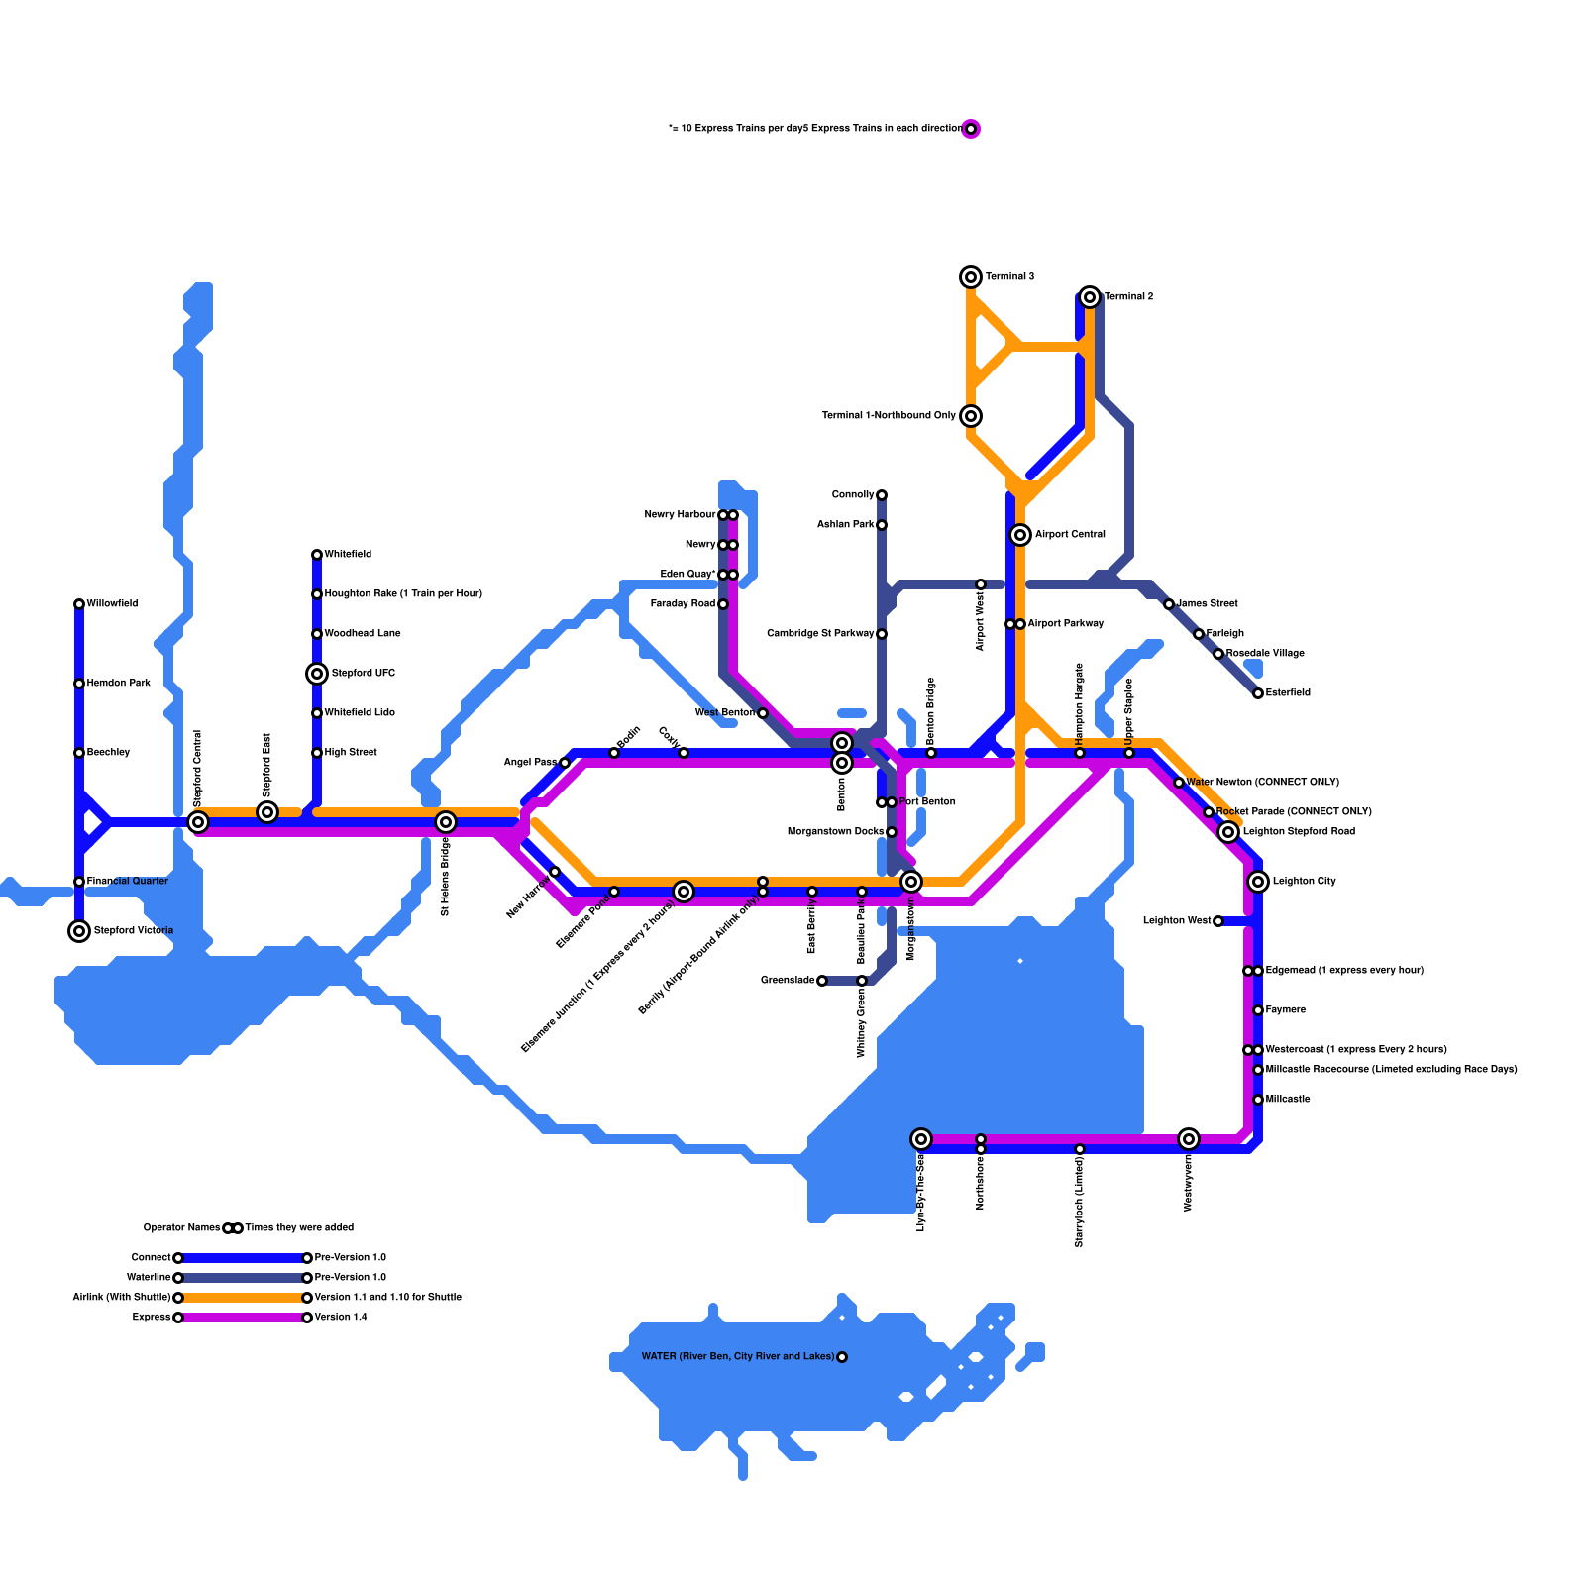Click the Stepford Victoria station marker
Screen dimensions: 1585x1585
79,931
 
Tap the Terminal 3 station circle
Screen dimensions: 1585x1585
971,277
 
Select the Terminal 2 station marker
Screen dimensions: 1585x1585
1090,297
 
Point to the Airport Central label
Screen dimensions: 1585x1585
1070,535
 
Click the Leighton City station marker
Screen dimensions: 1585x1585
1258,882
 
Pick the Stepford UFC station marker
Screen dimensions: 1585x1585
317,674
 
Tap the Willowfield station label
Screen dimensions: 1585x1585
112,604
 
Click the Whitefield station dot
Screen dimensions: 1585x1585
317,555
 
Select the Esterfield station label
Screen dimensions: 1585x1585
1288,693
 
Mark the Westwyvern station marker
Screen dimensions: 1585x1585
1189,1139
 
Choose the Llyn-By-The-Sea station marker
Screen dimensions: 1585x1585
921,1139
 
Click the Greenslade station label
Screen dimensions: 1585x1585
788,981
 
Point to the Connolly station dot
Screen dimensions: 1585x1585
882,495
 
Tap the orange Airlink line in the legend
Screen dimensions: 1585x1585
243,1298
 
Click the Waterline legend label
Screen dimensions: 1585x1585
149,1278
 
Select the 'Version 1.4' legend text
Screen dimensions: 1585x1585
341,1318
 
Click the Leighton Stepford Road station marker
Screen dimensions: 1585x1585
1228,832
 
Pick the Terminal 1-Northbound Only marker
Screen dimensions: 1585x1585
971,416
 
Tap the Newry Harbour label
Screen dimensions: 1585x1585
680,515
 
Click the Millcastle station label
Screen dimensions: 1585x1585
1288,1100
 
